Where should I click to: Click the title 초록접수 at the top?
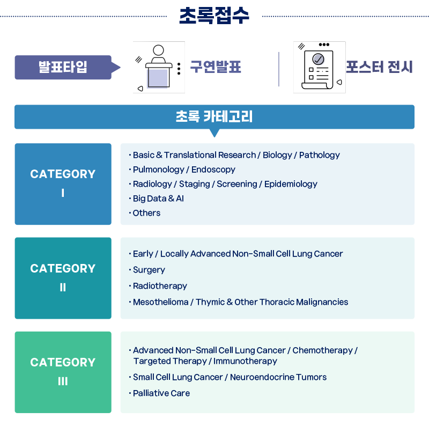click(214, 16)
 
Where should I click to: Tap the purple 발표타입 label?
click(63, 68)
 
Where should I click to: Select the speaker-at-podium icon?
click(158, 68)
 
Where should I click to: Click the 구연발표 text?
click(216, 68)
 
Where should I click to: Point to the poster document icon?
click(319, 68)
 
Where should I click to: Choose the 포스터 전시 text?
click(379, 68)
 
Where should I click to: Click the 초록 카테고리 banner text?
click(214, 116)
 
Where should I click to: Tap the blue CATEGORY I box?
click(63, 183)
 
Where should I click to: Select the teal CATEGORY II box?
click(63, 278)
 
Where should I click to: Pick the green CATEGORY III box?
click(63, 372)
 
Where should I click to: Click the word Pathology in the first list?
click(320, 155)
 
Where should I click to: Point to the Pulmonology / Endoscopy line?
click(184, 170)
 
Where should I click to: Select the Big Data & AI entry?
click(158, 199)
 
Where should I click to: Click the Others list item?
click(146, 213)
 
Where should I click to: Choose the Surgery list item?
click(149, 270)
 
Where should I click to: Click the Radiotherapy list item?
click(160, 286)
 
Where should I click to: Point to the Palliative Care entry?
click(161, 393)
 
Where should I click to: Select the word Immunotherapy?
click(245, 361)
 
